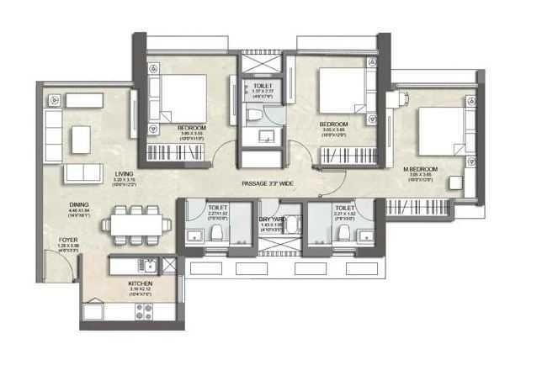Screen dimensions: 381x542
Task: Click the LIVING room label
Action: point(124,174)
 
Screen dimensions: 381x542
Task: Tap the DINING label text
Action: point(80,204)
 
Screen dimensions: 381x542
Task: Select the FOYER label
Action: point(68,240)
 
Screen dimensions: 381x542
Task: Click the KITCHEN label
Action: point(140,285)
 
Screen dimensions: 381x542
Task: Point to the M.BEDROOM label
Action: point(417,169)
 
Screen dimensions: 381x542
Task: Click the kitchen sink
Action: point(148,267)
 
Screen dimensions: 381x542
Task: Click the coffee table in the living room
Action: point(82,136)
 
